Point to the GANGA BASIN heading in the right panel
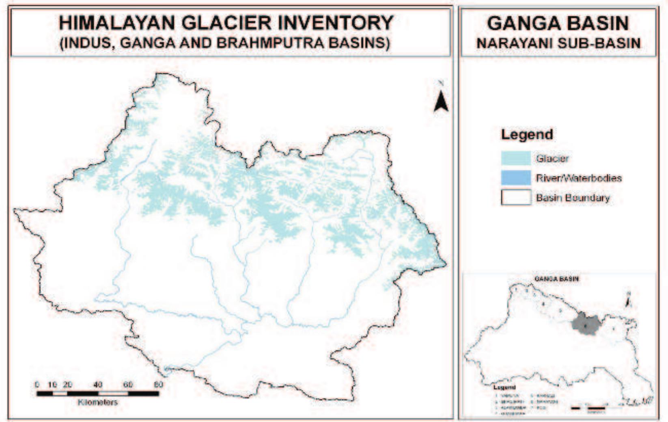click(x=558, y=24)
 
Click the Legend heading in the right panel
click(x=526, y=134)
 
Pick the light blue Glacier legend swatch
click(x=516, y=158)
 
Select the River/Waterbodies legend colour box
click(x=516, y=178)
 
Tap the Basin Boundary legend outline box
click(x=516, y=198)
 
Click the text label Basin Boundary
click(x=573, y=198)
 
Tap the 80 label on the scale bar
click(x=158, y=385)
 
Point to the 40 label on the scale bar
click(x=98, y=385)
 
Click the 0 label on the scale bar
click(x=37, y=385)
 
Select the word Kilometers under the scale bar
click(x=97, y=403)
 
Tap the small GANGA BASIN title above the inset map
click(x=556, y=279)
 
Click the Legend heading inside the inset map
click(x=504, y=387)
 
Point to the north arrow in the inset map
click(x=628, y=301)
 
